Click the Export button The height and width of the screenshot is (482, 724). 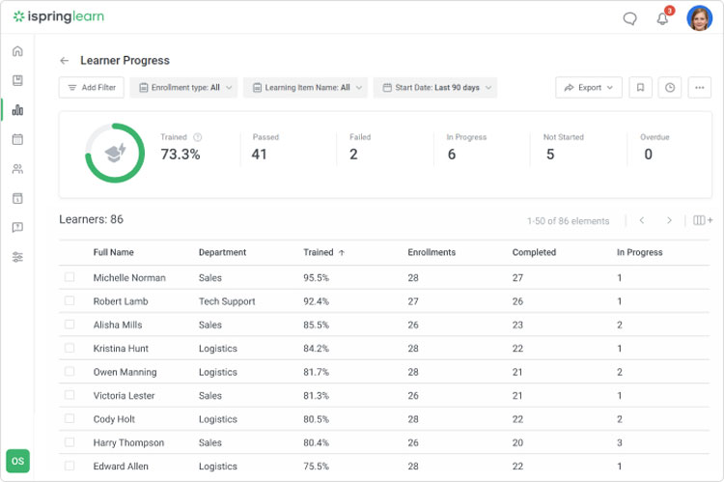point(589,88)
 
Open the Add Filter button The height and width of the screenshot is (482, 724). point(92,88)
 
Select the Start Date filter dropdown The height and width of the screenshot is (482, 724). point(435,88)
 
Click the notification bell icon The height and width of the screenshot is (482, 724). point(662,18)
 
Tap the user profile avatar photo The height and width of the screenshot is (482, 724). point(699,18)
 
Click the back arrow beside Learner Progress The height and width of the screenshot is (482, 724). point(65,61)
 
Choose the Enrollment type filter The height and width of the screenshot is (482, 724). point(184,88)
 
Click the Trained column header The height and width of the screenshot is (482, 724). point(319,253)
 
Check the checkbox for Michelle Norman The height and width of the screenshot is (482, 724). point(70,277)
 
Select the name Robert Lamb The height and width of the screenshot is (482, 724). point(121,301)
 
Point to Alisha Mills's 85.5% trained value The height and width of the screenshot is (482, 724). point(317,326)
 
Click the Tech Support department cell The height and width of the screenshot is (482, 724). point(227,301)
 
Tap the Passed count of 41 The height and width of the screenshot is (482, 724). point(260,155)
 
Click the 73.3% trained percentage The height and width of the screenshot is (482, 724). point(181,155)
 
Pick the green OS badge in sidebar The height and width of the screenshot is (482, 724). point(18,461)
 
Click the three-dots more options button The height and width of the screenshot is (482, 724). point(699,88)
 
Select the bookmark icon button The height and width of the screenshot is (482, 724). point(639,88)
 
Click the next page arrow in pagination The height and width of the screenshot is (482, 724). point(669,221)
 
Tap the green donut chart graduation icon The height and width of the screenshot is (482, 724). point(115,153)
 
